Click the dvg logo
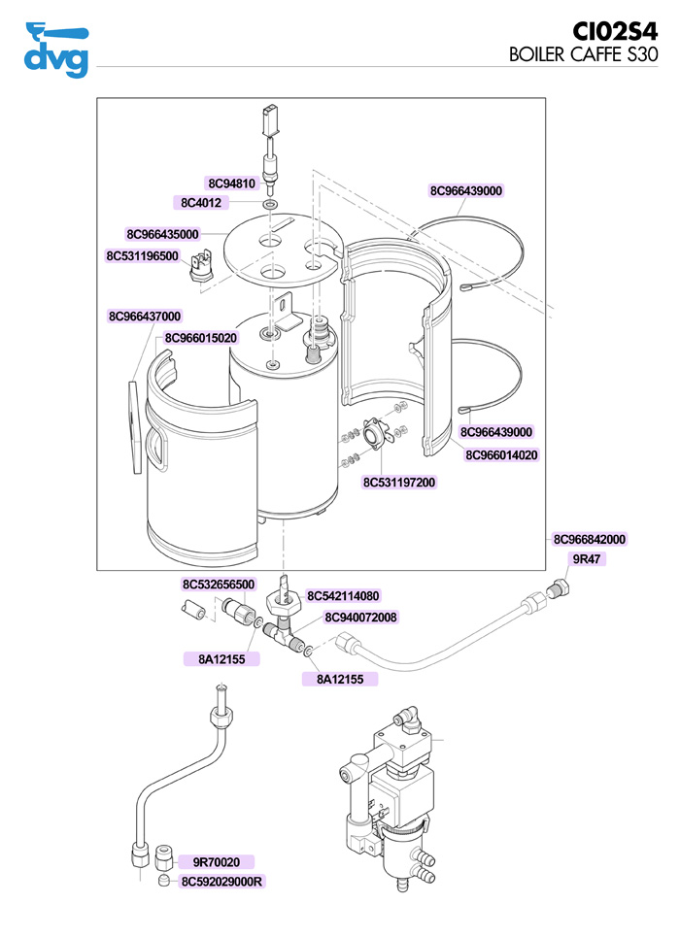point(55,49)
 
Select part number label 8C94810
point(231,184)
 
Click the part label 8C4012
point(202,203)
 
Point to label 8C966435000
point(162,234)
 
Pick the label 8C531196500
point(142,256)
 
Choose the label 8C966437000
point(145,317)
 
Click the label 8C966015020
point(201,338)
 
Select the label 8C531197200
point(399,482)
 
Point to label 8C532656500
point(219,585)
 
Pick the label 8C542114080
point(343,596)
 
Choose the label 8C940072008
point(360,617)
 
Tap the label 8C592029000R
point(223,882)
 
